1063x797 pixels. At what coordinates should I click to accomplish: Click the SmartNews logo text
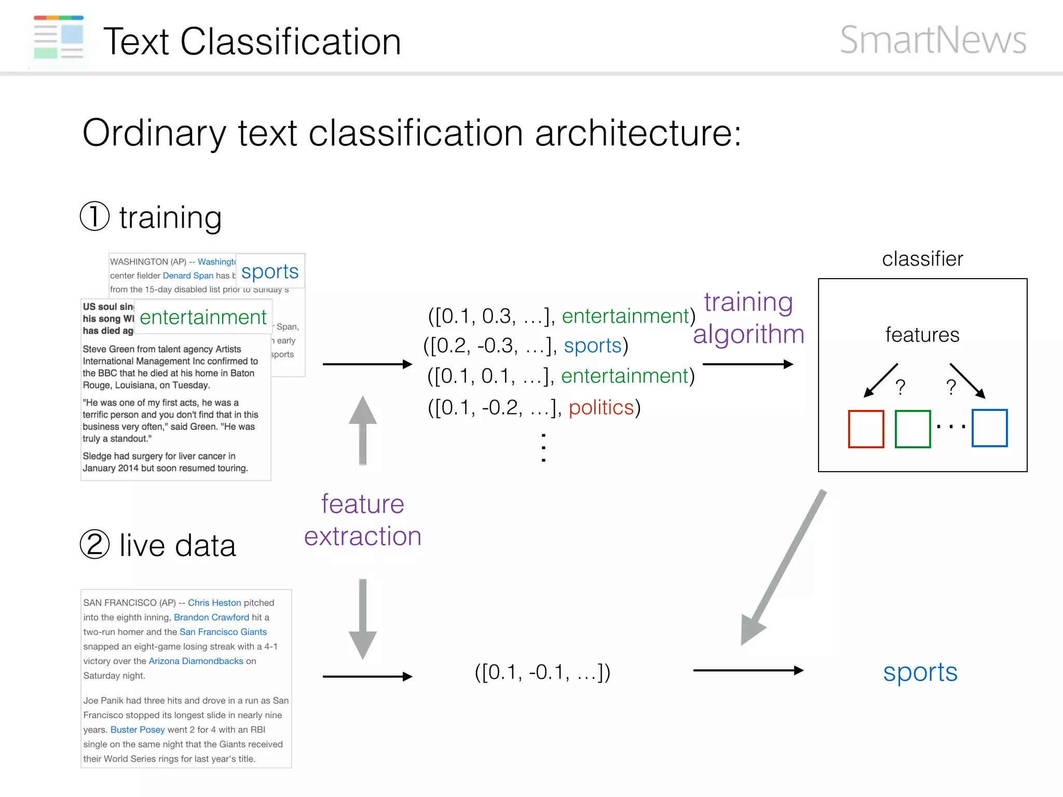click(x=933, y=40)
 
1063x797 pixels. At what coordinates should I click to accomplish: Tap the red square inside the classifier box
click(x=866, y=429)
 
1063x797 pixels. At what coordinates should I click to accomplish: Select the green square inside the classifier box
click(x=912, y=429)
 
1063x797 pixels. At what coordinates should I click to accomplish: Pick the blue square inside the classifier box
click(x=989, y=428)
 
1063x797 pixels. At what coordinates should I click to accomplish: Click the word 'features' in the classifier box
click(x=922, y=335)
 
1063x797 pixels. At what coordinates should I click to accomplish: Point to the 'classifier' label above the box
click(x=922, y=258)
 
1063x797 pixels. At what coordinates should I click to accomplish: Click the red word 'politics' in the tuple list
click(x=601, y=408)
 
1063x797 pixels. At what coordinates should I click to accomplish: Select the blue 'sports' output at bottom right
click(x=920, y=672)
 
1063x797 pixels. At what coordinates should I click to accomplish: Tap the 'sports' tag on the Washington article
click(x=270, y=271)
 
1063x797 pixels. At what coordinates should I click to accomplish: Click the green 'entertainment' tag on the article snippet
click(x=203, y=317)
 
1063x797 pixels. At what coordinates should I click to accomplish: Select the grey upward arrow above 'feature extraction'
click(x=363, y=431)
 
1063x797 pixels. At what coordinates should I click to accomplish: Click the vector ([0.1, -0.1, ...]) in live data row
click(x=542, y=672)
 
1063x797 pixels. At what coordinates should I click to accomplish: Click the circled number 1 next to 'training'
click(x=94, y=216)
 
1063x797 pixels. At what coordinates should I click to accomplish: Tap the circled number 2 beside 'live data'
click(x=94, y=545)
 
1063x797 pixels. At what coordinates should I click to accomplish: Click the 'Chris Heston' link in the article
click(x=214, y=603)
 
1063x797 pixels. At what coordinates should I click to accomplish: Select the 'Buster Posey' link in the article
click(x=138, y=730)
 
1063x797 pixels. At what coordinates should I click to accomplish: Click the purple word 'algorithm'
click(x=748, y=334)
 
